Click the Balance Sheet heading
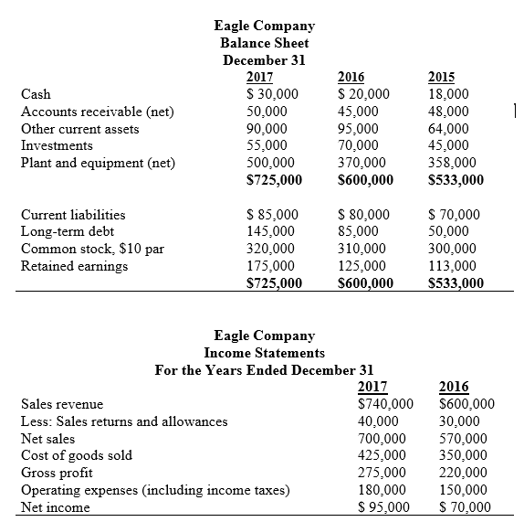tap(265, 43)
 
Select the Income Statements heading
tap(264, 353)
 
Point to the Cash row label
tap(36, 94)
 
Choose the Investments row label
tap(57, 146)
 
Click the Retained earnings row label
tap(74, 267)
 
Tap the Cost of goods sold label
tap(76, 455)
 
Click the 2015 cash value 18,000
tap(447, 94)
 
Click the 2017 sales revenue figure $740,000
tap(385, 403)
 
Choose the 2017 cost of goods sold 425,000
tap(383, 455)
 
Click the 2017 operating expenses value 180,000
tap(383, 490)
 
